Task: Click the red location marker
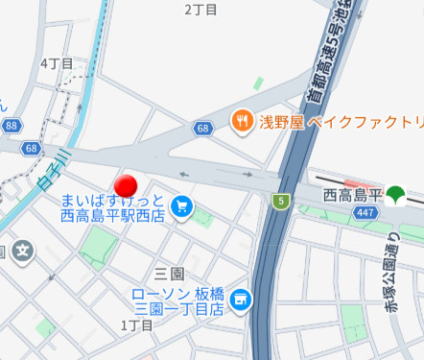coord(127,184)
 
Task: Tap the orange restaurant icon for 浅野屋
coord(240,121)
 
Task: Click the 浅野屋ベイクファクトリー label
coord(340,122)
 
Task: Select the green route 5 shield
coord(280,201)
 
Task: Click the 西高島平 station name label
coord(352,196)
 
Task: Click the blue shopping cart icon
coord(182,205)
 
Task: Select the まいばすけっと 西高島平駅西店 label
coord(113,208)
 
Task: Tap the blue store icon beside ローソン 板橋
coord(240,300)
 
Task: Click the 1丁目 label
coord(137,325)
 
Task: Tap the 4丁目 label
coord(57,63)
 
